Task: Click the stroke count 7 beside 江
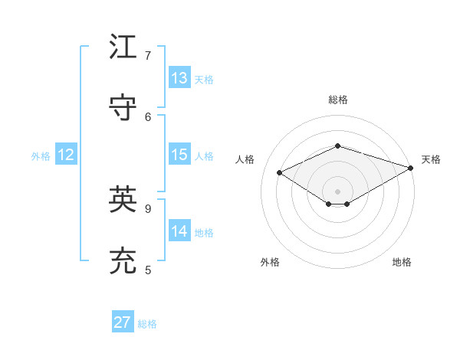click(148, 56)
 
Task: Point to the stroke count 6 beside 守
click(148, 116)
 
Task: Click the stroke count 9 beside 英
click(148, 208)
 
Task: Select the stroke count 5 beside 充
click(148, 270)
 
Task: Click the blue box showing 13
click(179, 78)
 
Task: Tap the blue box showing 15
click(179, 155)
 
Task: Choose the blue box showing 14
click(179, 231)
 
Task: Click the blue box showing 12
click(66, 155)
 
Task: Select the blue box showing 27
click(123, 322)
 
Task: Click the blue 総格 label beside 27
click(147, 324)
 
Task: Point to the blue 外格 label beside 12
click(41, 156)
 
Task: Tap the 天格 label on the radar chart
click(431, 159)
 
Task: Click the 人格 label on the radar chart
click(245, 159)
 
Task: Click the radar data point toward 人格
click(280, 172)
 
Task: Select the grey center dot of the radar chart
click(337, 191)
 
